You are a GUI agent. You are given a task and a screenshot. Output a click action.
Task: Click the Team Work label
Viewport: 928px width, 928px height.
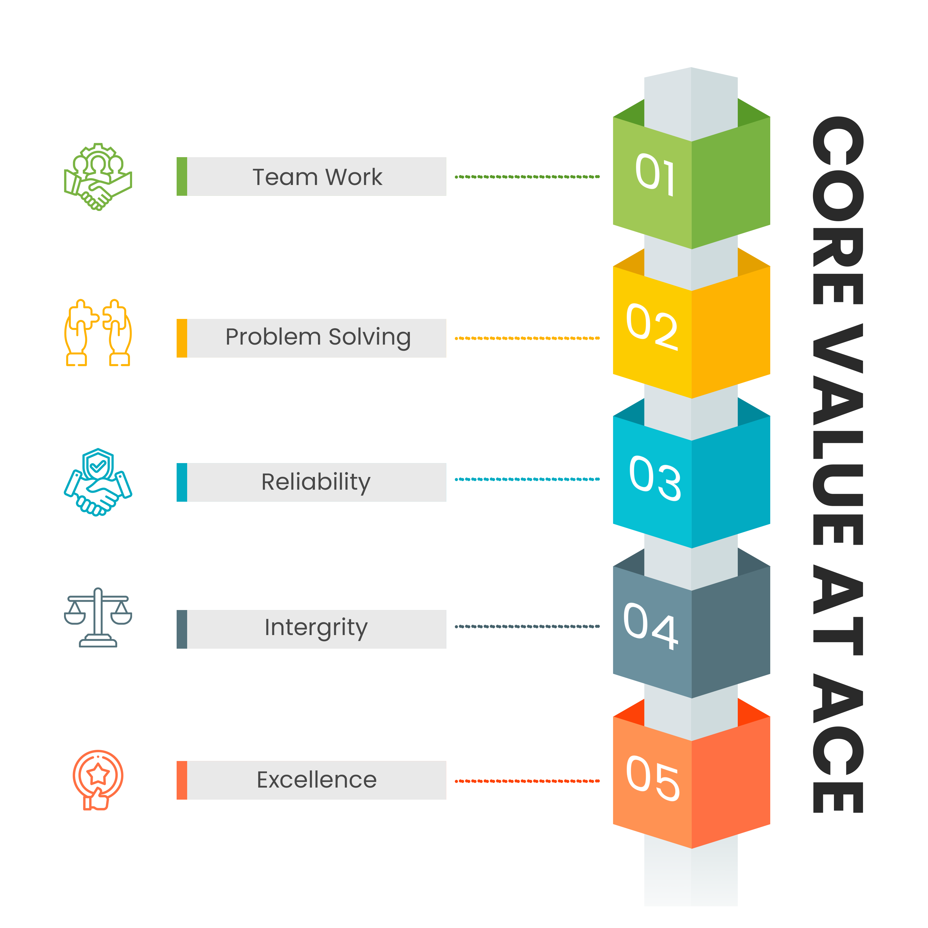tap(317, 177)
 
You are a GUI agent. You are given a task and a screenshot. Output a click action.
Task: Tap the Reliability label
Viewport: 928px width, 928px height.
tap(316, 482)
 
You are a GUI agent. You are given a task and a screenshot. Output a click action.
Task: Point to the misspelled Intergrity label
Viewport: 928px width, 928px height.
tap(316, 628)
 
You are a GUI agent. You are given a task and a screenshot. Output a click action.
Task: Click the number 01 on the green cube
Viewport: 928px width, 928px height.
tap(655, 175)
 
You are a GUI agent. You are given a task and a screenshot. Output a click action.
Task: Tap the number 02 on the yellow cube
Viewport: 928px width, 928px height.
tap(652, 327)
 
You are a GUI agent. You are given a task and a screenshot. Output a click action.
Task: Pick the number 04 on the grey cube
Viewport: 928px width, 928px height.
tap(651, 626)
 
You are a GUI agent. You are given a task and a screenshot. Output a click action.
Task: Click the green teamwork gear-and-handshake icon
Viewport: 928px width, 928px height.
tap(98, 177)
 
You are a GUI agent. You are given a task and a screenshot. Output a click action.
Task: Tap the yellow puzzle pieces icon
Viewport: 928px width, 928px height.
tap(98, 333)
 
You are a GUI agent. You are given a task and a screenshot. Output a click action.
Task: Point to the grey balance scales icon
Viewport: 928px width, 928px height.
tap(98, 618)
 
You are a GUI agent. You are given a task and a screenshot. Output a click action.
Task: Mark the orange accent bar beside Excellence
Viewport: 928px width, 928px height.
tap(182, 780)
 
